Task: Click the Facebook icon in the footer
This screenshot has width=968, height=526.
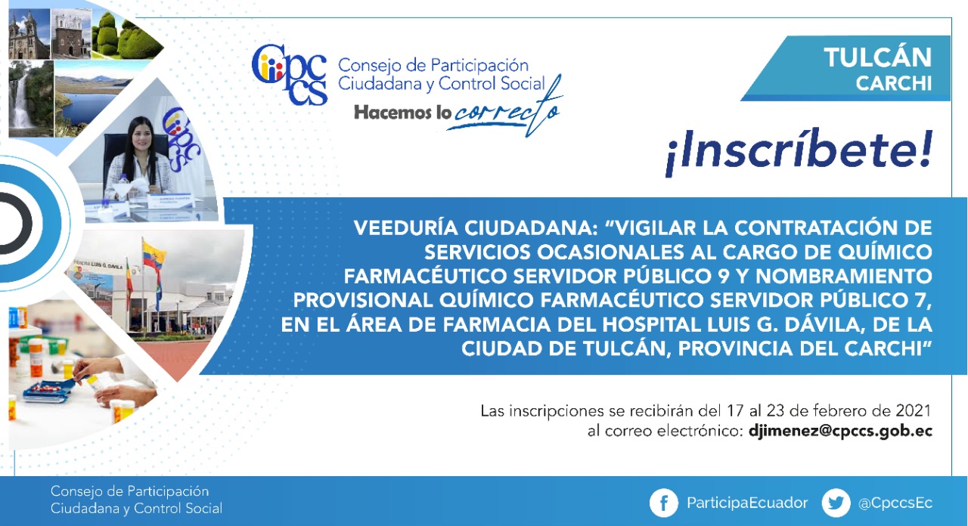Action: [x=663, y=503]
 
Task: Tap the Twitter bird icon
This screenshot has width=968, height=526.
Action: [x=836, y=503]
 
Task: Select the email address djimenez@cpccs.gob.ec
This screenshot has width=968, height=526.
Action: [x=840, y=432]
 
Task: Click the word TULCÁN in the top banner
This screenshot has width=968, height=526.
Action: [x=877, y=57]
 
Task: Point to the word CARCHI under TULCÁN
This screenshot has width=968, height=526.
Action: [x=894, y=83]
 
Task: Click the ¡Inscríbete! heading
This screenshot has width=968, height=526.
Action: [x=799, y=152]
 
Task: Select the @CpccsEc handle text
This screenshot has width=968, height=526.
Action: [x=895, y=503]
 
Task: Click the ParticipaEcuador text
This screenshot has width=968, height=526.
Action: [x=747, y=503]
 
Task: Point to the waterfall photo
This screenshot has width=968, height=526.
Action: [x=31, y=98]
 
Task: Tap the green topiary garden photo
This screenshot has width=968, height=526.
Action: [x=126, y=36]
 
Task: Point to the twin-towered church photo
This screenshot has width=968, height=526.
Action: [x=29, y=35]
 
